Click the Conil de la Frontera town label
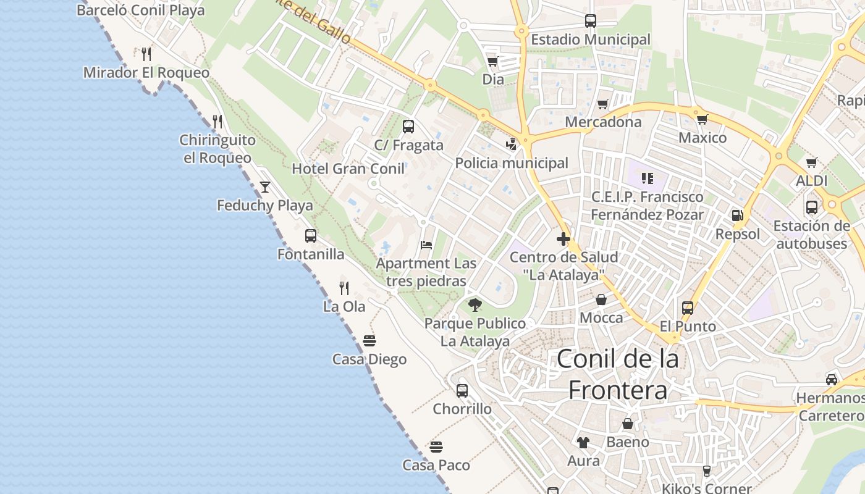pos(617,374)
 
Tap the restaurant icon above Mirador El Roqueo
pos(146,54)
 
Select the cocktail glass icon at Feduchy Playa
pos(265,186)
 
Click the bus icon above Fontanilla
pos(311,236)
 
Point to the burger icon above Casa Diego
pos(369,341)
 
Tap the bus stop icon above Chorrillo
pos(462,390)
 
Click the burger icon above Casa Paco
pos(436,446)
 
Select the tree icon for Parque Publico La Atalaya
pos(475,304)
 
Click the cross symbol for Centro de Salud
pos(563,238)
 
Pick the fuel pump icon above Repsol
pos(737,216)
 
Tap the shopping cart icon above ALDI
pos(811,162)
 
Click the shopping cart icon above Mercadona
pos(603,104)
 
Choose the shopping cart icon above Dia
pos(492,61)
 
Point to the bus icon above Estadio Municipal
pos(590,21)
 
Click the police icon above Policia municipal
pos(511,144)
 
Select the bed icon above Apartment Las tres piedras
pos(426,245)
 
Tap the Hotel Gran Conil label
pos(348,169)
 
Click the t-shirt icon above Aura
pos(583,442)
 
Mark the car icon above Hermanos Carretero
pos(832,379)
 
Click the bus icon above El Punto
pos(687,308)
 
